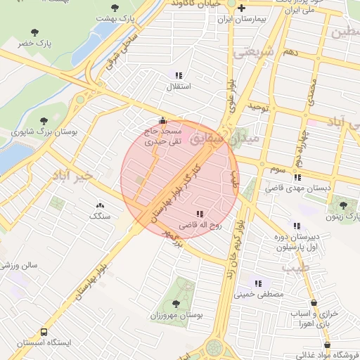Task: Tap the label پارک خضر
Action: pos(36,43)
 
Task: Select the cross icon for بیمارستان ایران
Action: pos(242,8)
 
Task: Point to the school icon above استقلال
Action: pos(178,75)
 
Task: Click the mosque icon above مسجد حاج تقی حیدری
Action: pos(163,120)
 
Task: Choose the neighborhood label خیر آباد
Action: pos(71,175)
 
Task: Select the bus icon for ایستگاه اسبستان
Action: pos(44,331)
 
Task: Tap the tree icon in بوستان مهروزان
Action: pos(175,304)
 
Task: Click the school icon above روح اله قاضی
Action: pos(200,214)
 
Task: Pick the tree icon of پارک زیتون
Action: pos(343,205)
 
